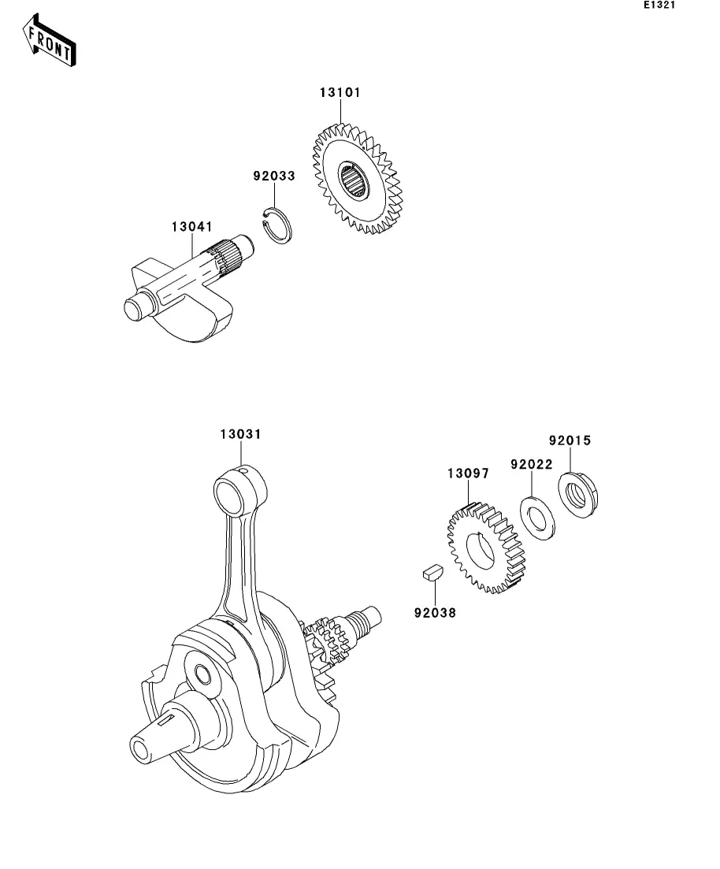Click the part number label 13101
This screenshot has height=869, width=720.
(340, 92)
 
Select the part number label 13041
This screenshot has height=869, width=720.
(192, 227)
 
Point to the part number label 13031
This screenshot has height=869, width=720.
(241, 434)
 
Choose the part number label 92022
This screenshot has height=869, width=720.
(531, 465)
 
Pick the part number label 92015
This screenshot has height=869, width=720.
(570, 440)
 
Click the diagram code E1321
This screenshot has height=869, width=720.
(659, 6)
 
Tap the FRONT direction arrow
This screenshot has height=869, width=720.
(50, 39)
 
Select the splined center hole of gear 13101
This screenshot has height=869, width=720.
(354, 182)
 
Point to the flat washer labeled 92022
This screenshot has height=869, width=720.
(539, 517)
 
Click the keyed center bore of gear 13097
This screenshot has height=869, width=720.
(481, 551)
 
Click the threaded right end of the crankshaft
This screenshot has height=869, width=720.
(367, 617)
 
